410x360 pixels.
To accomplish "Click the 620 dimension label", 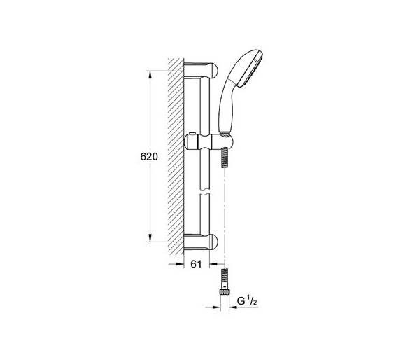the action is [149, 157].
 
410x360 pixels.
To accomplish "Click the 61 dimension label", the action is [196, 265].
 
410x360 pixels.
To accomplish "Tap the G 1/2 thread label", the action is [247, 301].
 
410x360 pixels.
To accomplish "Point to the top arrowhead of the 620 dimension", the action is [150, 75].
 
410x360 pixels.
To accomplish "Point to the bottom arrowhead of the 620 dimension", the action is [150, 237].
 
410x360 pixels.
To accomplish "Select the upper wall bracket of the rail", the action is [201, 70].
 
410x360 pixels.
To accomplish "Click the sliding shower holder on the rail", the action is [208, 141].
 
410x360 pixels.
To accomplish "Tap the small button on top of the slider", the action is [192, 134].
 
